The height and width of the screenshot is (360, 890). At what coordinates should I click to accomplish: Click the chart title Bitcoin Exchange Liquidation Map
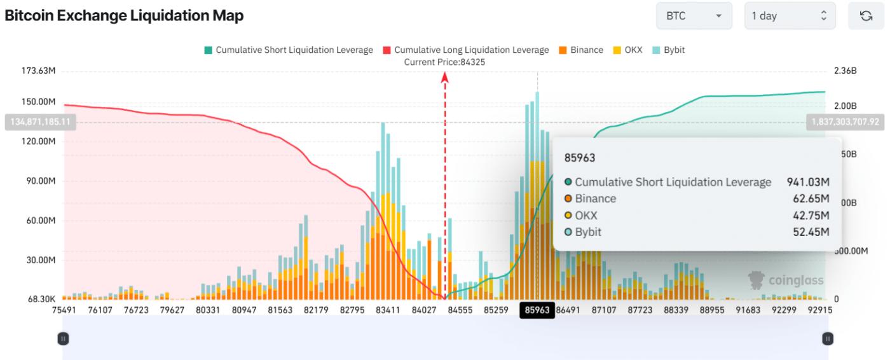pyautogui.click(x=124, y=16)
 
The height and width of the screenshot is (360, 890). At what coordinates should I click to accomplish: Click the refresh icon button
pyautogui.click(x=866, y=16)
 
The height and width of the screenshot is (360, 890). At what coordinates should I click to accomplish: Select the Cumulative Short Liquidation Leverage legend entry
pyautogui.click(x=289, y=50)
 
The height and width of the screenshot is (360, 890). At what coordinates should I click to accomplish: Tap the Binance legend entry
pyautogui.click(x=581, y=50)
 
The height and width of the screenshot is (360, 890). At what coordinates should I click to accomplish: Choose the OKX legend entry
pyautogui.click(x=627, y=50)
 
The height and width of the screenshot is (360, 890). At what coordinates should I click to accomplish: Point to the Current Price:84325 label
pyautogui.click(x=445, y=62)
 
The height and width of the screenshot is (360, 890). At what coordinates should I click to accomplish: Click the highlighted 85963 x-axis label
pyautogui.click(x=537, y=310)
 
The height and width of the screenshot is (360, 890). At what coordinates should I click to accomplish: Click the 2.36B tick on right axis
pyautogui.click(x=845, y=71)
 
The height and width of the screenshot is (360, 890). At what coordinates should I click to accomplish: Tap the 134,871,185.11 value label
pyautogui.click(x=40, y=121)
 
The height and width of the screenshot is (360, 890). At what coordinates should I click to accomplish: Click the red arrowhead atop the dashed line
pyautogui.click(x=445, y=77)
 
